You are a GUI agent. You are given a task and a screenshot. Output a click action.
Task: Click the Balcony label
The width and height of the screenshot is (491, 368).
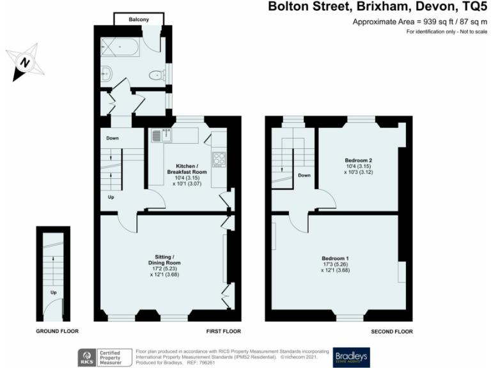[139, 20]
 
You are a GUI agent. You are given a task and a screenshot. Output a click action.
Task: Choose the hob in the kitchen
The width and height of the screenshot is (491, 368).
[219, 158]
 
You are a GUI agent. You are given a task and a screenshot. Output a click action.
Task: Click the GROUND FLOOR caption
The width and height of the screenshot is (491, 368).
[58, 332]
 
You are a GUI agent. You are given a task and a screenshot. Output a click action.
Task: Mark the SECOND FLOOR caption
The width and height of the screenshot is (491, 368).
[391, 332]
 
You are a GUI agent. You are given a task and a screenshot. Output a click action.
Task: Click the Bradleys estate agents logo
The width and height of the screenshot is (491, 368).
[351, 356]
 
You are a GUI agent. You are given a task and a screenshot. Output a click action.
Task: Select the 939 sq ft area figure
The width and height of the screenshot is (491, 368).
[430, 22]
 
